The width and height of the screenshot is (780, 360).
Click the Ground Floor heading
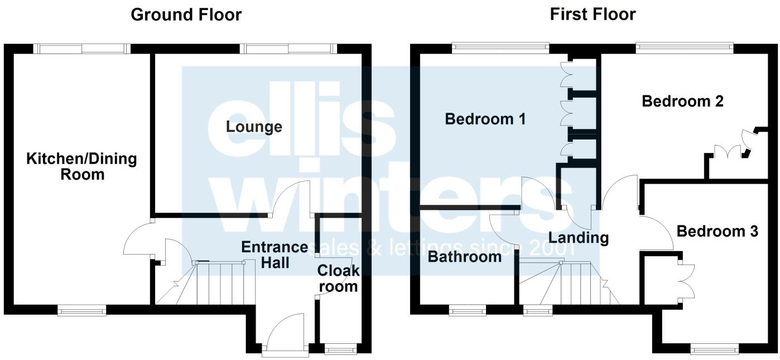(x=186, y=15)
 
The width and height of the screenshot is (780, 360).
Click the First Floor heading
(x=593, y=14)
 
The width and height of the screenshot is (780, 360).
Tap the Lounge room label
(x=254, y=127)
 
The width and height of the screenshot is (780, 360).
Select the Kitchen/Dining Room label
(x=82, y=166)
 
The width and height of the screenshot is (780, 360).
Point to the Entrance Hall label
(x=274, y=254)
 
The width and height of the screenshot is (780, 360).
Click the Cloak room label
(x=338, y=279)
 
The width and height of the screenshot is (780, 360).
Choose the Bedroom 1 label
(x=485, y=119)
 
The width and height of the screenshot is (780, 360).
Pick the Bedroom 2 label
(x=682, y=102)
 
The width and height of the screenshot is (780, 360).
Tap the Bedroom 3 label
(x=717, y=231)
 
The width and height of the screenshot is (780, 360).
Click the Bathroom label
(x=465, y=257)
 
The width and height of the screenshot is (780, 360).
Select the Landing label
(x=578, y=237)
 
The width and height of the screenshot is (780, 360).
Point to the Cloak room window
(x=341, y=350)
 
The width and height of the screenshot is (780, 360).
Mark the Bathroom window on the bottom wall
(x=468, y=310)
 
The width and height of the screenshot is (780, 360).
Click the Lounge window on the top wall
(x=288, y=49)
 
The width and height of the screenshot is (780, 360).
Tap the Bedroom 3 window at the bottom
(x=715, y=350)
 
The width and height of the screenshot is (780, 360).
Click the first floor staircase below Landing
(x=569, y=284)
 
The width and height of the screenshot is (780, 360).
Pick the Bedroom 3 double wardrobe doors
(x=686, y=280)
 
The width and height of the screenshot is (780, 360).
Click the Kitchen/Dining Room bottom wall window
(x=82, y=310)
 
